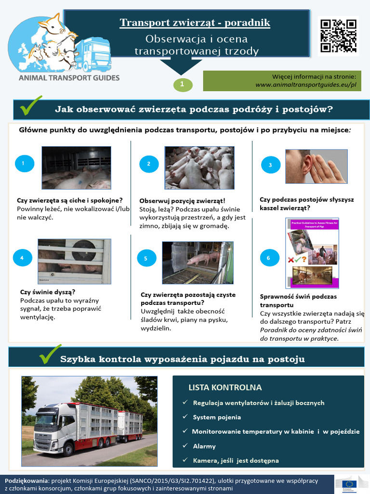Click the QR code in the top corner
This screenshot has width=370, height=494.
click(338, 36)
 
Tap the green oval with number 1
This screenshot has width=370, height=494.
click(183, 84)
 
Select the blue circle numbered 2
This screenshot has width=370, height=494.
click(149, 164)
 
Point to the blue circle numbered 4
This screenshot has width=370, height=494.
click(22, 258)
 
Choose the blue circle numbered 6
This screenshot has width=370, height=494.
click(268, 258)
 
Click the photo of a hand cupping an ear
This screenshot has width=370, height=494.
click(316, 166)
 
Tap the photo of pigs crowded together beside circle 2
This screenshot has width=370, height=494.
click(199, 167)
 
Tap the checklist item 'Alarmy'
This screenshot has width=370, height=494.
click(204, 446)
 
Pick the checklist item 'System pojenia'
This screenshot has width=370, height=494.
click(217, 417)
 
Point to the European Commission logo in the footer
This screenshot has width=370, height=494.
click(350, 484)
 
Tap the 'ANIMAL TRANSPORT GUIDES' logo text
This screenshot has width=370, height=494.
click(69, 77)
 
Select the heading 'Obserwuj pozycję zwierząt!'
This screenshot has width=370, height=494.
click(182, 200)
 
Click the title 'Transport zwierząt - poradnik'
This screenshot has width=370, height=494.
click(195, 23)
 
